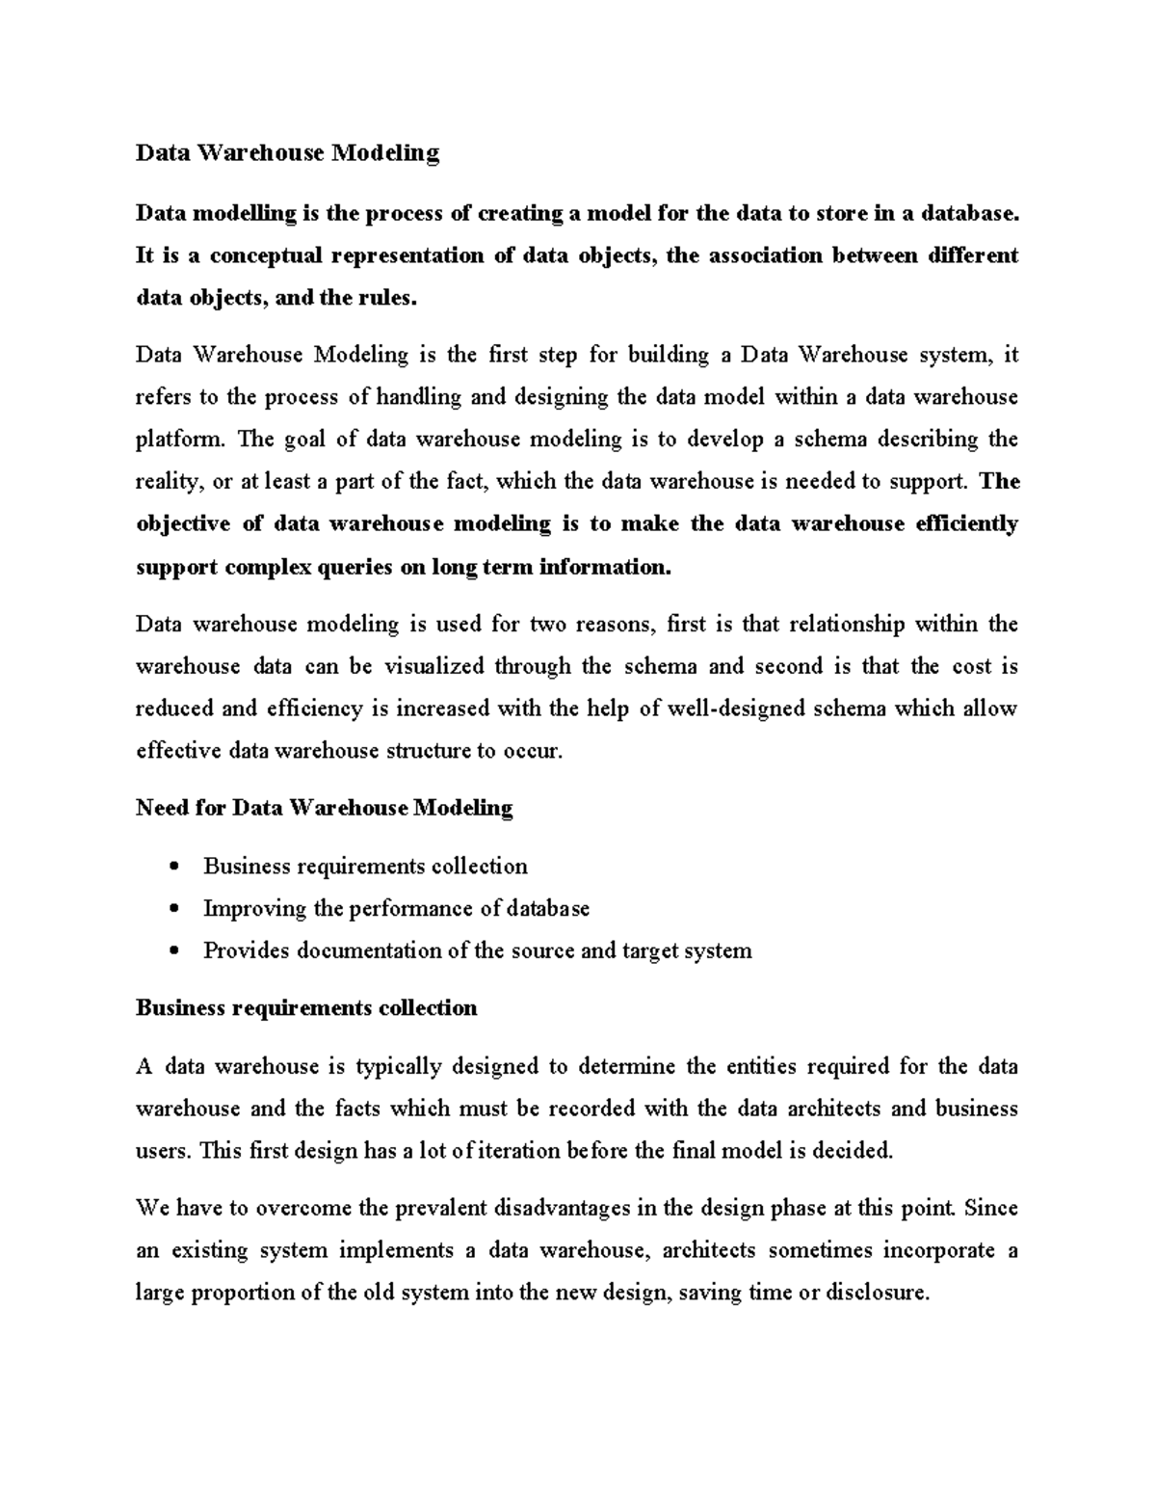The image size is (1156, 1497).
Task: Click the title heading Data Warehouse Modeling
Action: click(287, 152)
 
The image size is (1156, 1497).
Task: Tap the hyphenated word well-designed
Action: click(735, 708)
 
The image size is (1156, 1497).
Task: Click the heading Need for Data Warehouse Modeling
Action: click(324, 808)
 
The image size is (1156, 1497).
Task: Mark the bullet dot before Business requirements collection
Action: click(173, 867)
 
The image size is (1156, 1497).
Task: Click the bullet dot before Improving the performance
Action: click(173, 909)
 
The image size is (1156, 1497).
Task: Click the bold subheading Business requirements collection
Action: click(306, 1008)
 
